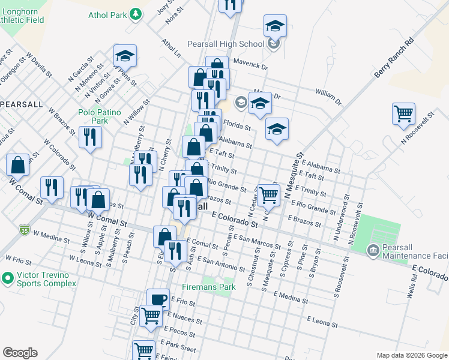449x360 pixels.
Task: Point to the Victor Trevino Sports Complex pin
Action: (8, 278)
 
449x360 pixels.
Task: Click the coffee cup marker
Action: (158, 299)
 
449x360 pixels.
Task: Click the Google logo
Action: (20, 353)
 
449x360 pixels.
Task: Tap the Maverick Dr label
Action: (250, 64)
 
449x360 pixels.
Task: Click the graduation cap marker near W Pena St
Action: (125, 56)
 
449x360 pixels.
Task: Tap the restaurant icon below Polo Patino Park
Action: (90, 137)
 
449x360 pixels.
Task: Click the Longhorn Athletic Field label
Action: (22, 15)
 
